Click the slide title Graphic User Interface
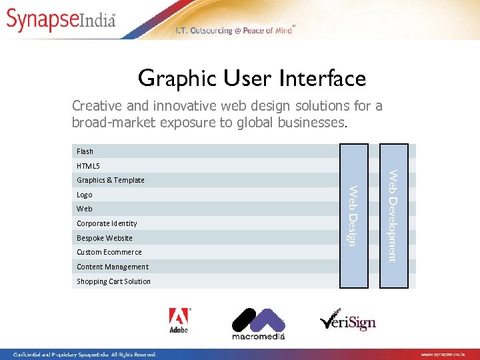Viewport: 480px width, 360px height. [252, 79]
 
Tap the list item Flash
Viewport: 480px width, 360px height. [85, 151]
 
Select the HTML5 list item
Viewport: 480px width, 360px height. [88, 165]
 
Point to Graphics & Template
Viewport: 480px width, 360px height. [111, 180]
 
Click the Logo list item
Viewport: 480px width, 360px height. [85, 195]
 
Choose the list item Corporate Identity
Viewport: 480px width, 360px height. [107, 223]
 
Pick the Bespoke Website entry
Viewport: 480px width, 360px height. [105, 238]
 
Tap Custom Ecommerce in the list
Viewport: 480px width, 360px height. [109, 252]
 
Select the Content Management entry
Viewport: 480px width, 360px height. [113, 267]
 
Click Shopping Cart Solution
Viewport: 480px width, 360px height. [113, 281]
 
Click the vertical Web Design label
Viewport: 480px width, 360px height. [354, 215]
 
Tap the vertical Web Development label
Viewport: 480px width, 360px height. [393, 216]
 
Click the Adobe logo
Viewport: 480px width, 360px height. [179, 321]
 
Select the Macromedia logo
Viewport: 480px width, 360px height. [258, 324]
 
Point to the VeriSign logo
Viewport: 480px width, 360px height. [347, 321]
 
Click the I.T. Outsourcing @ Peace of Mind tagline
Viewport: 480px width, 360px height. [233, 31]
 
